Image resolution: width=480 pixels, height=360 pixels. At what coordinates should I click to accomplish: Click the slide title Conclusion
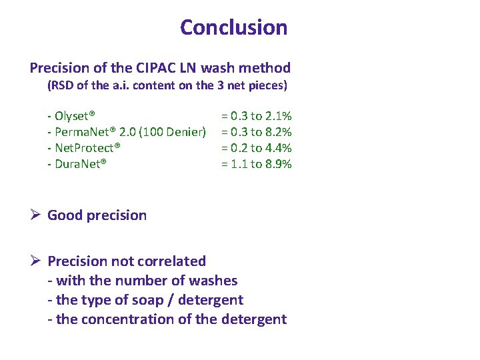(233, 28)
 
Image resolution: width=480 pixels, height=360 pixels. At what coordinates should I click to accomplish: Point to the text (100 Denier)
(172, 132)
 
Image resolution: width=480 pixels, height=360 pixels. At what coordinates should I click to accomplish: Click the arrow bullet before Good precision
(36, 215)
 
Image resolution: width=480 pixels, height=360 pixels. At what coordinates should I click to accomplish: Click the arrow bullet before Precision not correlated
(36, 261)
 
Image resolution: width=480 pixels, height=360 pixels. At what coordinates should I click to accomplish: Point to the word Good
(65, 215)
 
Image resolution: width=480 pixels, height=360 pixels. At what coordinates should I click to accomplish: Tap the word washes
(215, 281)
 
